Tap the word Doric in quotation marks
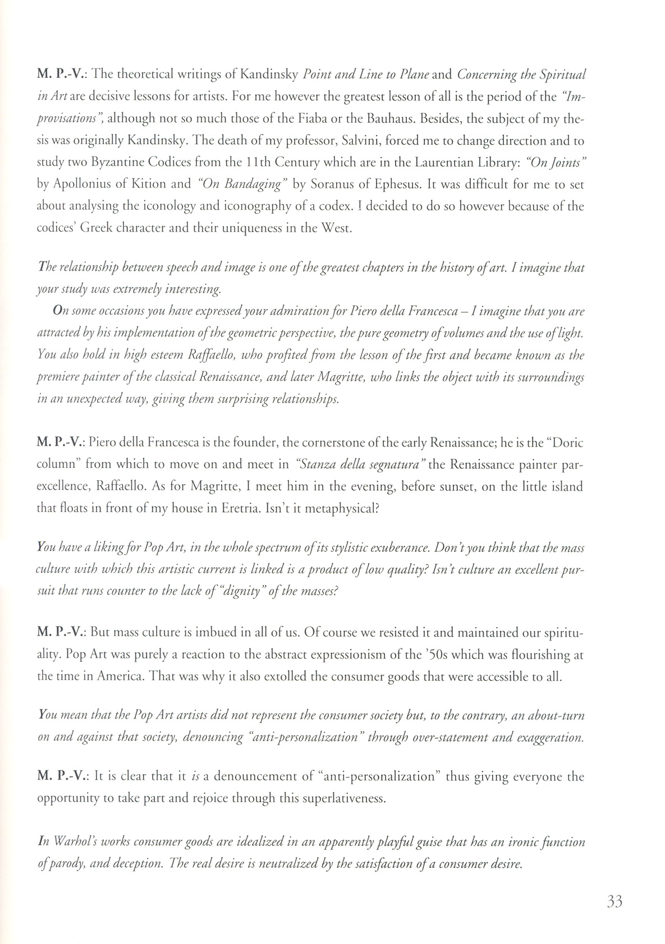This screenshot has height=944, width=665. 568,443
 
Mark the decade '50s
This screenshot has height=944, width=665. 438,654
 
